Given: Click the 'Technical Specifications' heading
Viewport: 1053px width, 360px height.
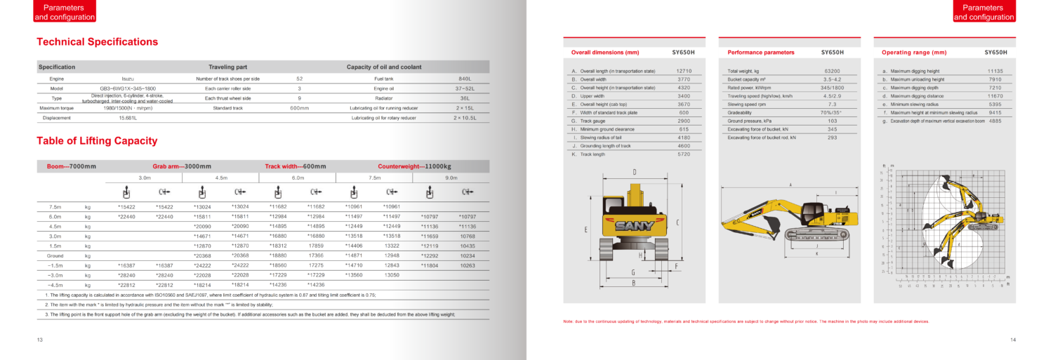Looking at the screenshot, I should (97, 42).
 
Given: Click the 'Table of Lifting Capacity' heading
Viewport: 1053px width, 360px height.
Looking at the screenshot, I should (97, 141).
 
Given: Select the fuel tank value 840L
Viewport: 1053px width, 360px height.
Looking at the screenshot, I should (465, 79).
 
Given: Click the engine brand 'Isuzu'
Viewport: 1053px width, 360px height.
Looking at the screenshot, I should (127, 79).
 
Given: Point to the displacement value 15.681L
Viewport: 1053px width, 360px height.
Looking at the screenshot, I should (127, 118).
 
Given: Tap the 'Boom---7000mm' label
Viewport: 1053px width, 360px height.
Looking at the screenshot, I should (72, 166).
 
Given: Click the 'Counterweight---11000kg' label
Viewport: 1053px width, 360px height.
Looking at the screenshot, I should (414, 166).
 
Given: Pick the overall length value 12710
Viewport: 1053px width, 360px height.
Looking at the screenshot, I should (684, 71).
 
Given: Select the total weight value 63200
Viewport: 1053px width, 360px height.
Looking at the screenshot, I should (832, 71).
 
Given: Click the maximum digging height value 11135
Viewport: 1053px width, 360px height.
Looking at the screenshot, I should (995, 71).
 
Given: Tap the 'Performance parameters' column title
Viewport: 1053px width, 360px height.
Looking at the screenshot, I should (761, 53).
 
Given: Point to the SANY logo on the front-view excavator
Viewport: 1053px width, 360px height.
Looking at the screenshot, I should (635, 226).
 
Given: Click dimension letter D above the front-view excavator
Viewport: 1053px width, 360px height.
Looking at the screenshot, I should (635, 172).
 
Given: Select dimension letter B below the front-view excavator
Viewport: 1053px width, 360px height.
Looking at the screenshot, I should (633, 283).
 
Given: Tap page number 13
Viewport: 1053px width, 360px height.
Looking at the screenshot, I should (40, 340).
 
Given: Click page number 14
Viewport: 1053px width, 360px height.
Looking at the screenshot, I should (1013, 340).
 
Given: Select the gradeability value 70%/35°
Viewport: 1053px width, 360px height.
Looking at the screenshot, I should (832, 112).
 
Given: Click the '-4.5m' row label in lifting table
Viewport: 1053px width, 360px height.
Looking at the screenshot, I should (54, 285).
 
